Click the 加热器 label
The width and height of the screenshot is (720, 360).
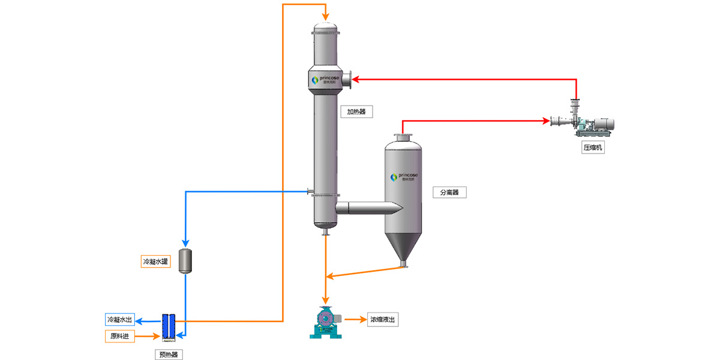[x=356, y=112]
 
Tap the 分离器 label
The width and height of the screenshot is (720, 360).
[x=449, y=193]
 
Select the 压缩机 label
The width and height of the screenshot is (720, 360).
[x=593, y=148]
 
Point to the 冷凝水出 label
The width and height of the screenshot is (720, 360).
[x=120, y=319]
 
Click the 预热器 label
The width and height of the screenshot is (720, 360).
[x=168, y=354]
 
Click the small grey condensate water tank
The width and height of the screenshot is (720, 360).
[x=185, y=260]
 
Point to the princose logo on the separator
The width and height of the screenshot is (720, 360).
[x=404, y=176]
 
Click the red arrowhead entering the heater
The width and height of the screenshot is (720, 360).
[x=355, y=79]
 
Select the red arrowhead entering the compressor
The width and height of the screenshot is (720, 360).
[x=547, y=122]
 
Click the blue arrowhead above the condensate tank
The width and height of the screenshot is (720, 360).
[x=185, y=241]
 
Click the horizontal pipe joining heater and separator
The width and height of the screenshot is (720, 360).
[x=366, y=208]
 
